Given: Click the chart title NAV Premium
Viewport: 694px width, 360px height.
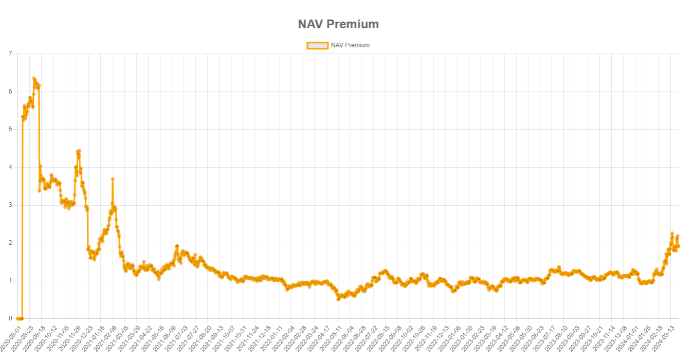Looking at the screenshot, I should (x=338, y=24).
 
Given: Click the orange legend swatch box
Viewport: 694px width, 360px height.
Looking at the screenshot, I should (x=317, y=45).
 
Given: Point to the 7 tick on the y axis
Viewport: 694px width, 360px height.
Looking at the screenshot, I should (x=10, y=53).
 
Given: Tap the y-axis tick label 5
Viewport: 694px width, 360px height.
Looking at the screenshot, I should (x=10, y=129).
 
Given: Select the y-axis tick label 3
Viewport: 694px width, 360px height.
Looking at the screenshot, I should (x=10, y=205).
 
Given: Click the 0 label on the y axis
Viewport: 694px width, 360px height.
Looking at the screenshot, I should (x=10, y=319).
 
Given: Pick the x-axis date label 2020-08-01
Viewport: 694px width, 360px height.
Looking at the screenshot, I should (x=11, y=335).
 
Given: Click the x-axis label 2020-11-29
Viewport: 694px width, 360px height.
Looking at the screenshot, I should (x=70, y=335).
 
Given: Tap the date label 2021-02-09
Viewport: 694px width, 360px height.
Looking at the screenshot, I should (x=105, y=335).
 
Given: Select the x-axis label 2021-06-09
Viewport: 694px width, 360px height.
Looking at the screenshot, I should (x=165, y=335).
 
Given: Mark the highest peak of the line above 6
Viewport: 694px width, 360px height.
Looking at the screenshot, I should (x=34, y=79).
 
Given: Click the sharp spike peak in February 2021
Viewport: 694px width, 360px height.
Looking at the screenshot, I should (x=112, y=179).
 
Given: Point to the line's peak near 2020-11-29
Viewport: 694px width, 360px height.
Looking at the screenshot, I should (x=79, y=151).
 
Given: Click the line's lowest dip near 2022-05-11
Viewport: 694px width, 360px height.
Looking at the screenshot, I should (x=338, y=299).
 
